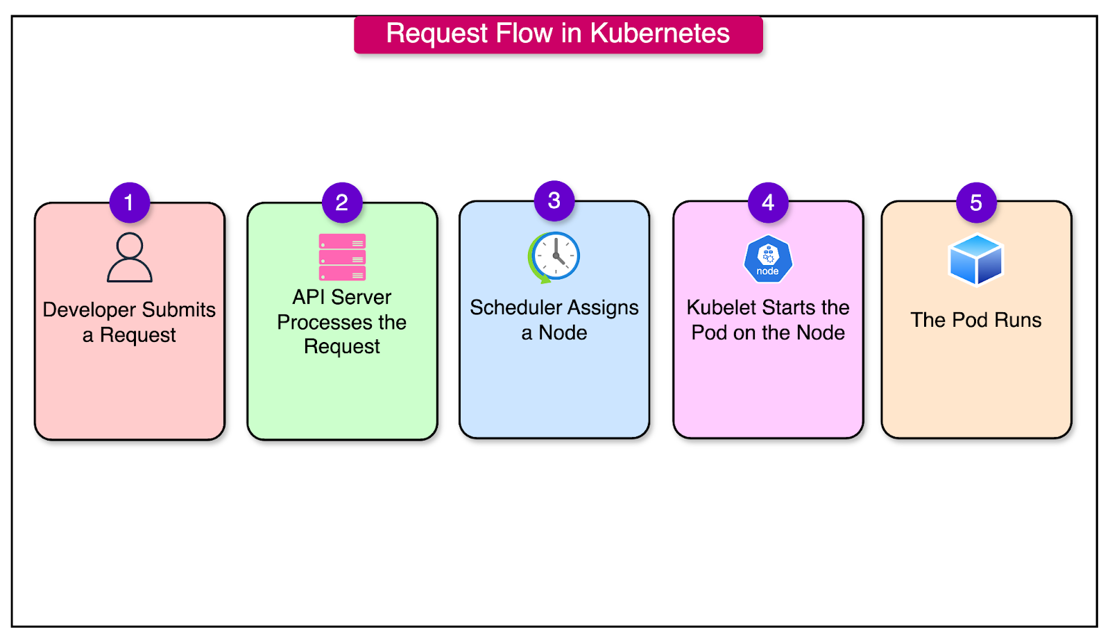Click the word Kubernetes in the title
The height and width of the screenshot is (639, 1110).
(660, 33)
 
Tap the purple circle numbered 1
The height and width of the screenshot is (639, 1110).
(129, 203)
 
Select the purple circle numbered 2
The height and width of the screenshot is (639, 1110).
(342, 203)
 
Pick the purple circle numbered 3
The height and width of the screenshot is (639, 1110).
(554, 201)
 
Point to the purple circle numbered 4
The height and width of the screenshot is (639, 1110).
(768, 203)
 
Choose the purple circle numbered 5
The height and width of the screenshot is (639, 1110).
(976, 203)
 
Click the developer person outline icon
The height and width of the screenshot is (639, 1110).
(130, 257)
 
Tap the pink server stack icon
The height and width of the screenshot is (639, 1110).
(342, 257)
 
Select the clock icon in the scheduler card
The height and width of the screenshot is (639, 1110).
(554, 257)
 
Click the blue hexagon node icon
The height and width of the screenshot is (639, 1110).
(768, 259)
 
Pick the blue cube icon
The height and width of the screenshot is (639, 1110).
(976, 260)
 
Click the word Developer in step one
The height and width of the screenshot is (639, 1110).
(89, 309)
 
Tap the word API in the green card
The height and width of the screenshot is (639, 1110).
(308, 297)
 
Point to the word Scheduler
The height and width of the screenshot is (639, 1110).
(515, 307)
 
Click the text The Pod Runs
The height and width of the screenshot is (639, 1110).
(976, 320)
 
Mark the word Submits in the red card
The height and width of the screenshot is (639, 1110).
(179, 309)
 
